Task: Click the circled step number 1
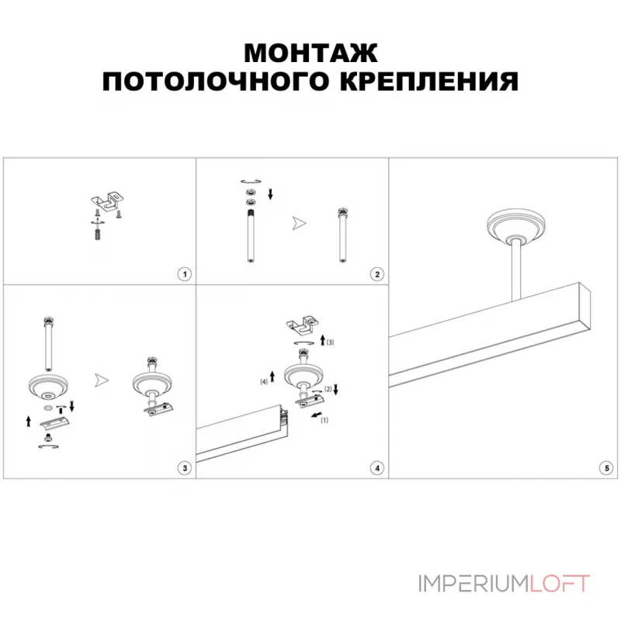click(184, 274)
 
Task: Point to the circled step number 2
click(376, 274)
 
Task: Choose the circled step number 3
click(184, 467)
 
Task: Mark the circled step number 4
click(376, 467)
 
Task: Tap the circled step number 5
click(605, 467)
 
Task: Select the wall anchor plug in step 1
click(96, 231)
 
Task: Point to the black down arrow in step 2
click(270, 193)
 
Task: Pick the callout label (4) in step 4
click(263, 381)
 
